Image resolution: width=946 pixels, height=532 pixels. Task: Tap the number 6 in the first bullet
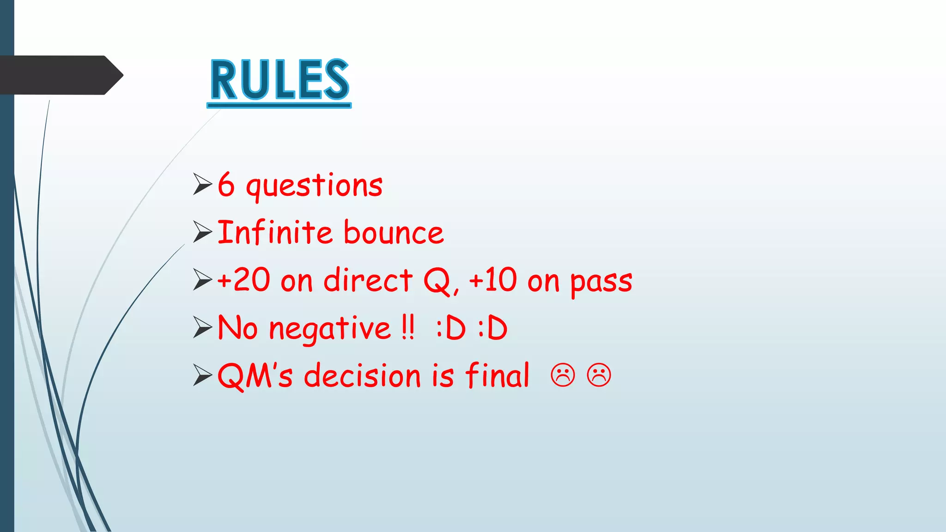tap(226, 185)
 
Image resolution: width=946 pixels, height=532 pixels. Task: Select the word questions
tap(314, 186)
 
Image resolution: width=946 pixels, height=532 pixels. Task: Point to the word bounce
tap(394, 233)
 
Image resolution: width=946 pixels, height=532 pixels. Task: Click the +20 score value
tap(243, 280)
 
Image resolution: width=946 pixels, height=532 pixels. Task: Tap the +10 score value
tap(492, 280)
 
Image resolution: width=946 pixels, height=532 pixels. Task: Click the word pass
tap(601, 282)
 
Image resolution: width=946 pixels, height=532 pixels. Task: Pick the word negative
tap(330, 329)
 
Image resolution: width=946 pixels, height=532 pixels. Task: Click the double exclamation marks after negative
tap(407, 328)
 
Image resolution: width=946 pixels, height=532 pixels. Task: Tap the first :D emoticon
tap(451, 329)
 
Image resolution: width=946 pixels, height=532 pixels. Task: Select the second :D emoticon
tap(492, 329)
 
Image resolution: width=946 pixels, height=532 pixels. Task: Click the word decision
tap(362, 375)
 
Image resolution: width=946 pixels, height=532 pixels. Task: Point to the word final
tap(497, 375)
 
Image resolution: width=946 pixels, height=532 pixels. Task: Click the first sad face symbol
tap(563, 375)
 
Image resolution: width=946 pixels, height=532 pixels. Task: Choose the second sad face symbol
tap(599, 375)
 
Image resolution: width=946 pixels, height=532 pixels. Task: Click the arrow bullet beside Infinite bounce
tap(202, 232)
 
